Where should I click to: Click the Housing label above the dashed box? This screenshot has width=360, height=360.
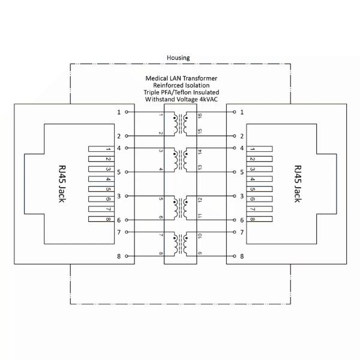click(178, 58)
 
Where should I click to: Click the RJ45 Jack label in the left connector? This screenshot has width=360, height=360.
click(62, 184)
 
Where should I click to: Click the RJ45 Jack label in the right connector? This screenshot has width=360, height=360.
click(298, 184)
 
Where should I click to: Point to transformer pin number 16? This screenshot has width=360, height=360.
click(200, 116)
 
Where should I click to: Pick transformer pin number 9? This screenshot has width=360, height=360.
click(200, 253)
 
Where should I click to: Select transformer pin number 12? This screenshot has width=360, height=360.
click(200, 200)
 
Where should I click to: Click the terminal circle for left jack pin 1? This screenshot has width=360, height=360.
click(126, 112)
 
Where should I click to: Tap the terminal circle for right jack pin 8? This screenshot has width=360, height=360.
click(235, 256)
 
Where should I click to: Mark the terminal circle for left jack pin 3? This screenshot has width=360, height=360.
click(126, 196)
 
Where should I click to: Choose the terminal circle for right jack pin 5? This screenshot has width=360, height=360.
click(235, 172)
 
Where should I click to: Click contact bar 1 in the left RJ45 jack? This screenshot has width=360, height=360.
click(101, 149)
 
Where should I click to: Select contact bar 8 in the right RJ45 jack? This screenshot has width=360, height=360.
click(259, 219)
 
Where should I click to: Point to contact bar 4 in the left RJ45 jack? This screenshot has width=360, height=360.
click(101, 179)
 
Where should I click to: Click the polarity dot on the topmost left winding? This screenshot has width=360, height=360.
click(175, 118)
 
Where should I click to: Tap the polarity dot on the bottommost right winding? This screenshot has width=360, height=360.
click(186, 238)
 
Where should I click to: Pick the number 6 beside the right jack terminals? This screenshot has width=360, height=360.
click(242, 220)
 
